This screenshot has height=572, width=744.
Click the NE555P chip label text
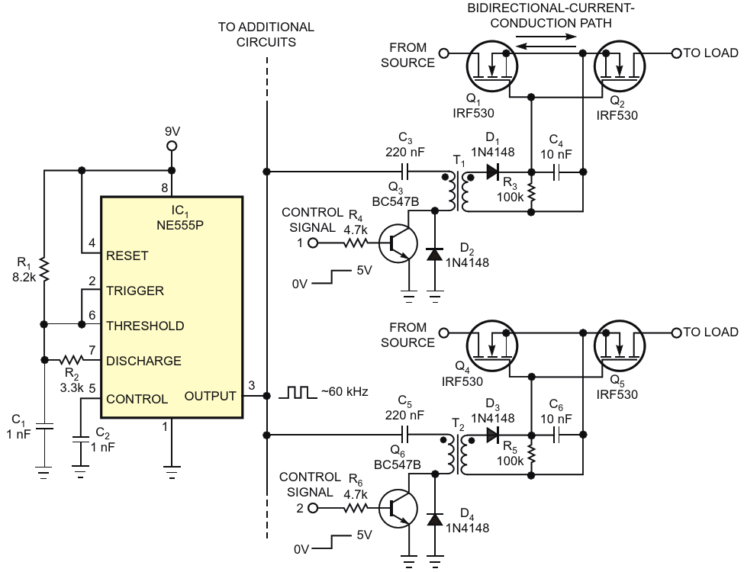click(x=180, y=225)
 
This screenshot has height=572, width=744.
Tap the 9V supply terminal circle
click(x=172, y=146)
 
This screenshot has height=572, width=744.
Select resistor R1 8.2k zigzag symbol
click(x=44, y=270)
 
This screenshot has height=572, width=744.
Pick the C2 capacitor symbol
click(x=81, y=439)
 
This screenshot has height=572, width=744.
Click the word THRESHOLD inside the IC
click(x=145, y=326)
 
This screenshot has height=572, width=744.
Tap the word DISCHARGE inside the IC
click(x=143, y=361)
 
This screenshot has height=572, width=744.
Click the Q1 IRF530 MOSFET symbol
click(x=491, y=66)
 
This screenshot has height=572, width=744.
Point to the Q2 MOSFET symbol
click(x=619, y=66)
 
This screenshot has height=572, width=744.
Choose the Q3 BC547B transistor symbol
click(x=398, y=243)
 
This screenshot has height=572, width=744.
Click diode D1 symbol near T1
click(x=493, y=172)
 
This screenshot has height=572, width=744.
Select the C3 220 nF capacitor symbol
click(x=405, y=172)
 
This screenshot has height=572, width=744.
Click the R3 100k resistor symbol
click(x=531, y=192)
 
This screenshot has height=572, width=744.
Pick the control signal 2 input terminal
click(x=313, y=508)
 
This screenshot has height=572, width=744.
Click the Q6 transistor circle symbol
click(x=398, y=509)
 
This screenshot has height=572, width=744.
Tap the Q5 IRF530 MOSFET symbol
click(x=619, y=345)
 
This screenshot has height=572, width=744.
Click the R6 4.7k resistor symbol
click(x=355, y=508)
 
